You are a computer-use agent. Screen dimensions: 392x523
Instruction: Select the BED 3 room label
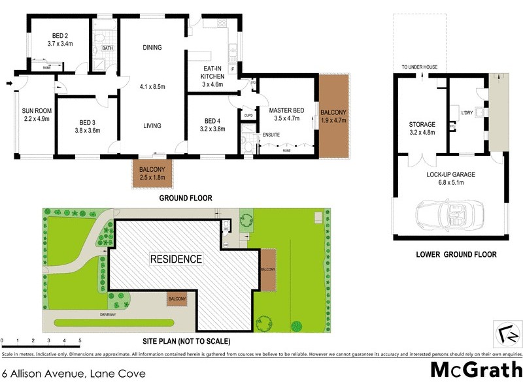(x=88, y=122)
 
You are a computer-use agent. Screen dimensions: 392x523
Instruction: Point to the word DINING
(x=152, y=48)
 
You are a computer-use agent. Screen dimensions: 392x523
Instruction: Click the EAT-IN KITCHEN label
(x=212, y=73)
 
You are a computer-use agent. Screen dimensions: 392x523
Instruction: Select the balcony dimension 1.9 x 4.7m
(x=333, y=121)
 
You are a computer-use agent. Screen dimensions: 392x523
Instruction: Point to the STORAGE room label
(x=422, y=124)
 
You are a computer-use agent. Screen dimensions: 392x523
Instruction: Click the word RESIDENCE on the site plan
(x=177, y=259)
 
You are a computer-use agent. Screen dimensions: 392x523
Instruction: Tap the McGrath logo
(x=476, y=370)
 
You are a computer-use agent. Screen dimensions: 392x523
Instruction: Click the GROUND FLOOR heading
(x=186, y=198)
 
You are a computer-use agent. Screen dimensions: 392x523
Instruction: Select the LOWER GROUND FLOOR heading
(x=456, y=255)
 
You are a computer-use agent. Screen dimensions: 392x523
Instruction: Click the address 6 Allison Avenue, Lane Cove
(x=74, y=374)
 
